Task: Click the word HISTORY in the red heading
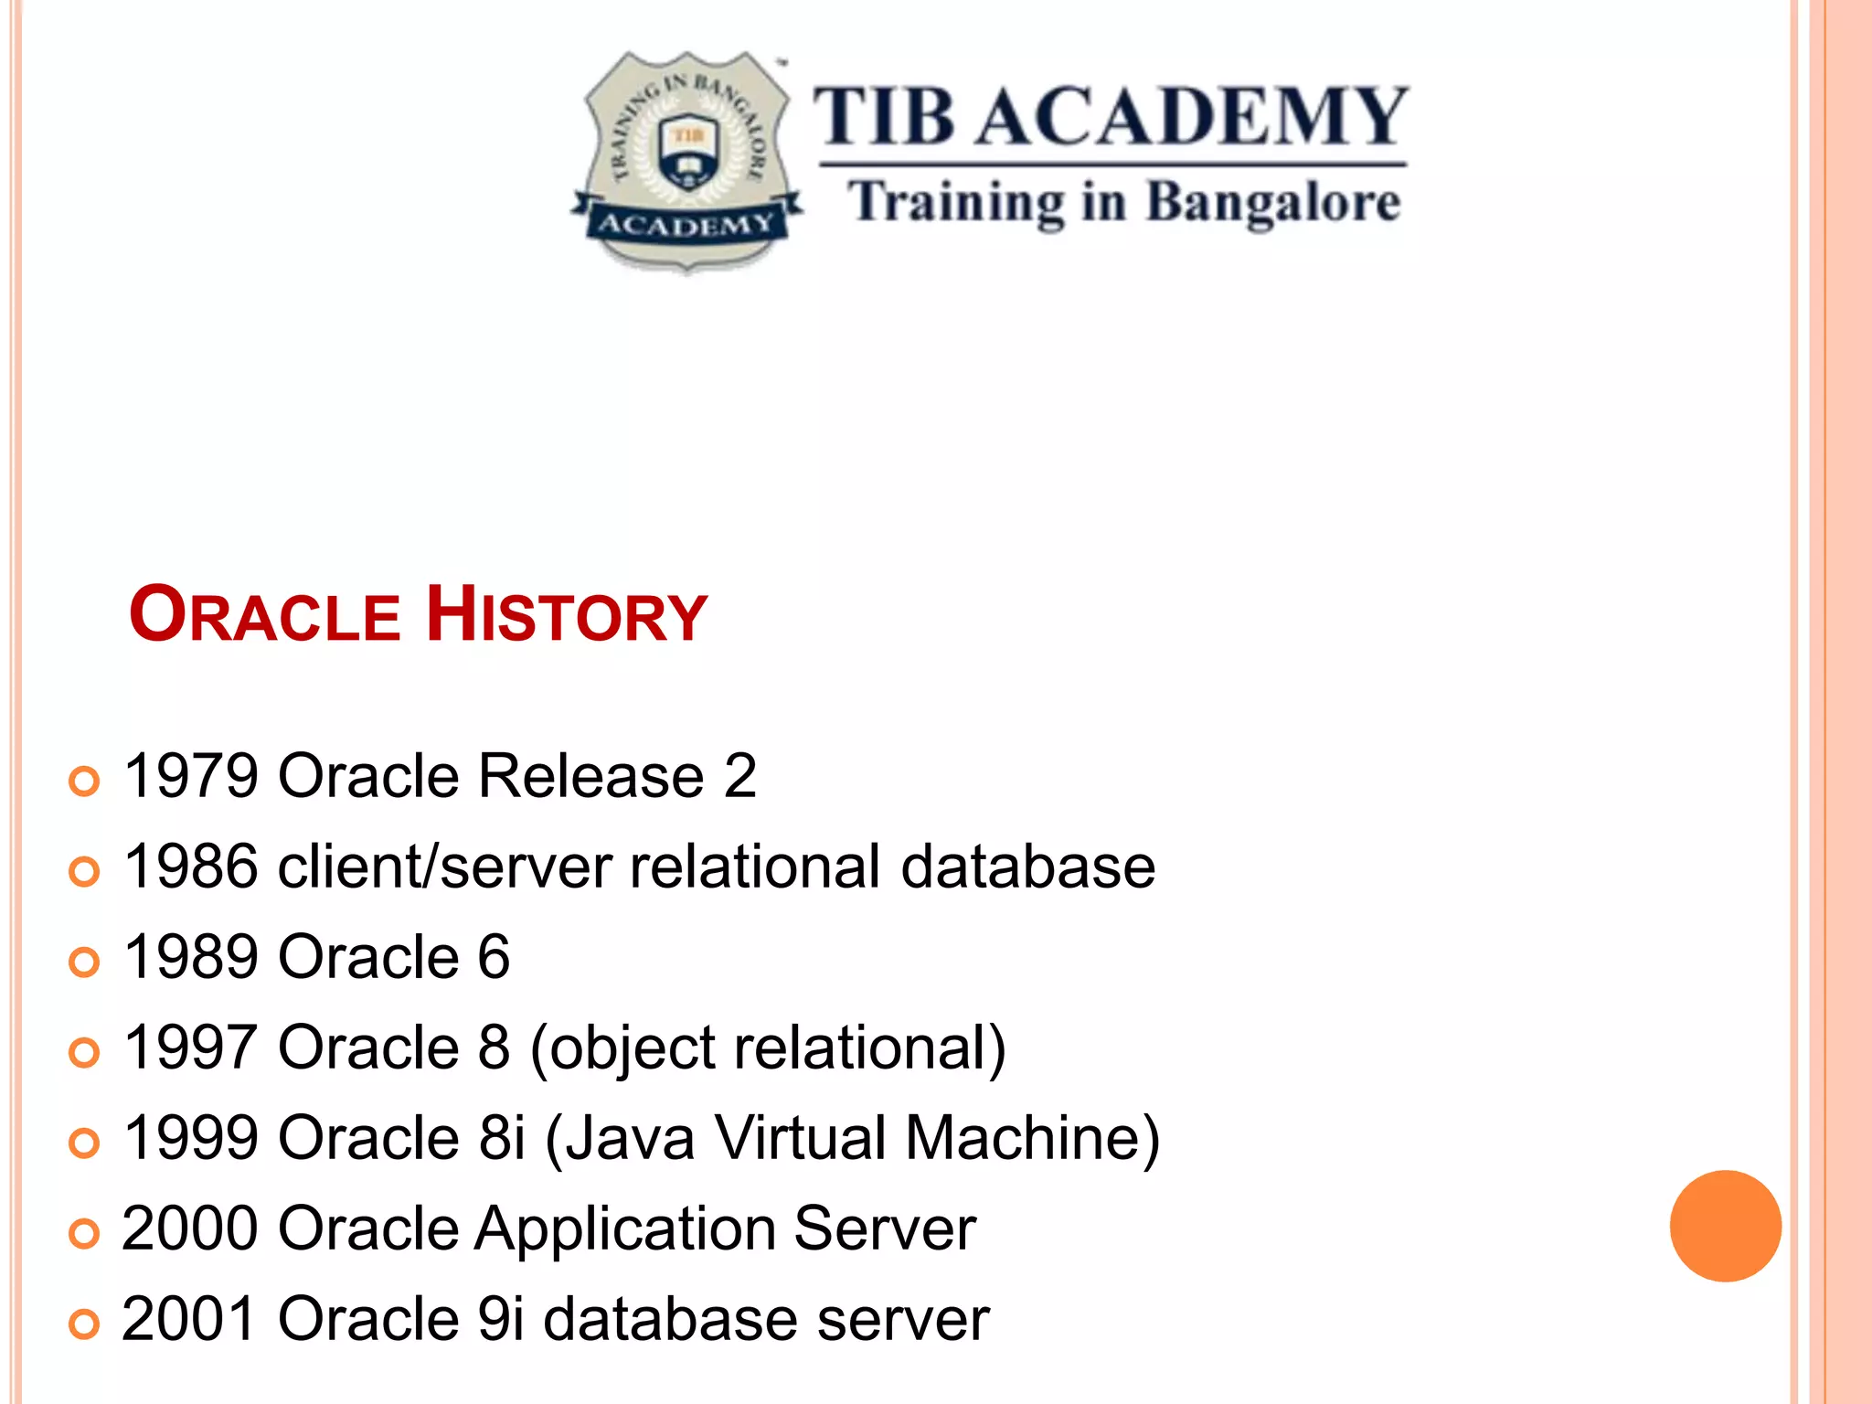pos(567,615)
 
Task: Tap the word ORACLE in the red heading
pos(265,615)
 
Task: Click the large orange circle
pos(1725,1226)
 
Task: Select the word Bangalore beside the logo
pos(1272,203)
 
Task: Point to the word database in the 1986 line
pos(1027,867)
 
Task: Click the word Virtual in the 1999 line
pos(801,1138)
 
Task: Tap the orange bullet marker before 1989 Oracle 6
pos(84,962)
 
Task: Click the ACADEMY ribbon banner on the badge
pos(686,225)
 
